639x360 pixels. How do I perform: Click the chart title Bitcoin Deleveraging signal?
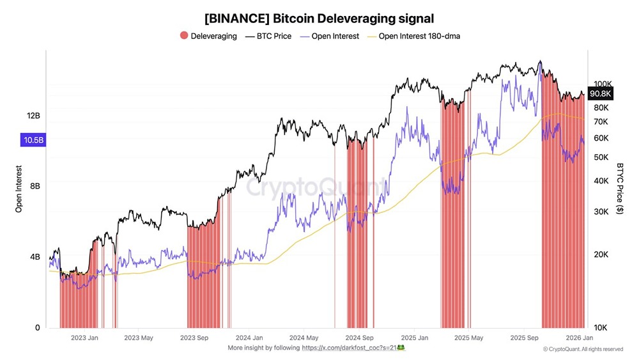[319, 19]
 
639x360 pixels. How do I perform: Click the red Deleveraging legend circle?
[183, 36]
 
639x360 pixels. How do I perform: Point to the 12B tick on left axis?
[33, 116]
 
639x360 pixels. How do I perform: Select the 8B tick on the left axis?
[35, 186]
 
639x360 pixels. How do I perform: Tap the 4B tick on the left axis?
[35, 257]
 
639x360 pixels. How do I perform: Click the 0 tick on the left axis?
[38, 327]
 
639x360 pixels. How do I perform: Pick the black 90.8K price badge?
[601, 94]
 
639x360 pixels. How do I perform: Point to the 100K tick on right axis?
[603, 84]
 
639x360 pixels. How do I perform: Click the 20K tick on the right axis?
[601, 255]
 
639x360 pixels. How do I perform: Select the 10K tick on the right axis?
[601, 327]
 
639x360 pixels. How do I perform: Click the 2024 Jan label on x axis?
[250, 338]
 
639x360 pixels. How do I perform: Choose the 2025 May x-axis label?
[470, 338]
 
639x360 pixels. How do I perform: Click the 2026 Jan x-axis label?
[578, 338]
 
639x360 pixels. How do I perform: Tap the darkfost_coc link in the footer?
[353, 348]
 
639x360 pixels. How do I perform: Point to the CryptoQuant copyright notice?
[583, 349]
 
